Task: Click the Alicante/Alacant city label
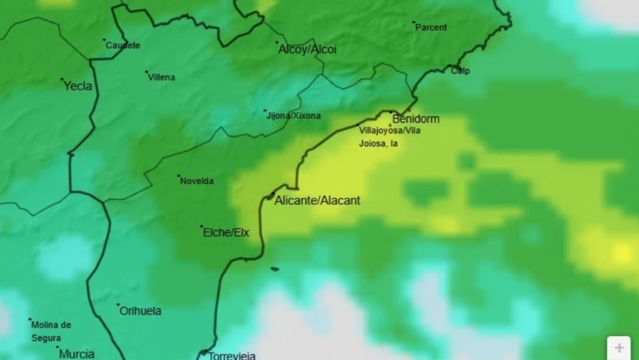[x=318, y=201]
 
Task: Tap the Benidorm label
[x=416, y=119]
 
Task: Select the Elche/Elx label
[x=226, y=233]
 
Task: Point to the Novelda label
[x=197, y=181]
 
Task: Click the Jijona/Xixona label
[x=293, y=116]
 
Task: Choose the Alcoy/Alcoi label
[x=307, y=49]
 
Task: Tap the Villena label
[x=162, y=77]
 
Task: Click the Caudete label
[x=123, y=45]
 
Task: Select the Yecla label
[x=78, y=86]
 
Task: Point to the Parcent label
[x=431, y=27]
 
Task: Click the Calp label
[x=461, y=71]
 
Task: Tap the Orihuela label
[x=141, y=311]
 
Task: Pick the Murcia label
[x=77, y=354]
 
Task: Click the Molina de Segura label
[x=52, y=331]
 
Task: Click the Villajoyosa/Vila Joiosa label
[x=390, y=137]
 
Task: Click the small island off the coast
[x=275, y=269]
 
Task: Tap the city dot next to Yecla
[x=62, y=80]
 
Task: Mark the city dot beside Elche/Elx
[x=201, y=226]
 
